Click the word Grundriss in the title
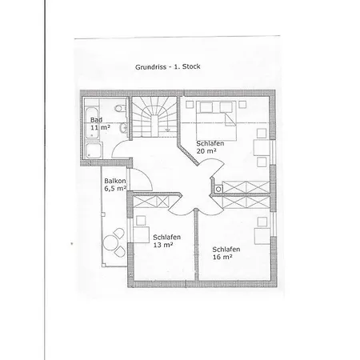[x=150, y=67]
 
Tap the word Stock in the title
[x=191, y=66]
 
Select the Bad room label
[x=96, y=120]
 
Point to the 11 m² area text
[x=100, y=127]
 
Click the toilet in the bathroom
[x=120, y=109]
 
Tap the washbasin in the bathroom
[x=123, y=128]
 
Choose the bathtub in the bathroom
[x=92, y=122]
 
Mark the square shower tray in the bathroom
[x=94, y=150]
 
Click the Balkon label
[x=115, y=181]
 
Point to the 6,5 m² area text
[x=115, y=188]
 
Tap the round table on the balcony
[x=110, y=242]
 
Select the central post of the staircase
[x=154, y=126]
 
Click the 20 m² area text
[x=206, y=151]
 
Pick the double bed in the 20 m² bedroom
[x=216, y=121]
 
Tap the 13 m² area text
[x=163, y=245]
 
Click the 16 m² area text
[x=222, y=257]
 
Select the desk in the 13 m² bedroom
[x=141, y=234]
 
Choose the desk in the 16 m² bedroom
[x=262, y=236]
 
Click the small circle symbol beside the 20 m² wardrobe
[x=218, y=190]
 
